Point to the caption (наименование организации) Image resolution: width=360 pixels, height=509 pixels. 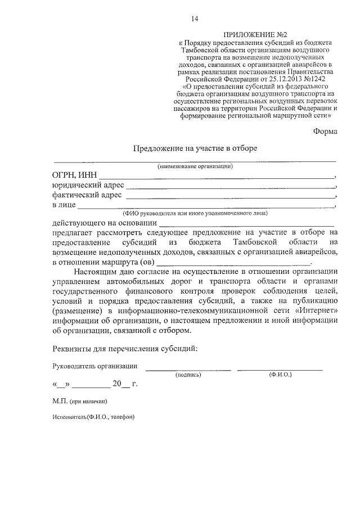(x=195, y=166)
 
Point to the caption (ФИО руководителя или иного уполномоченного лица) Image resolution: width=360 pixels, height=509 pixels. (x=195, y=213)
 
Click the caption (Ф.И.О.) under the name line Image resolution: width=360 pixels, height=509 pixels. (x=280, y=374)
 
